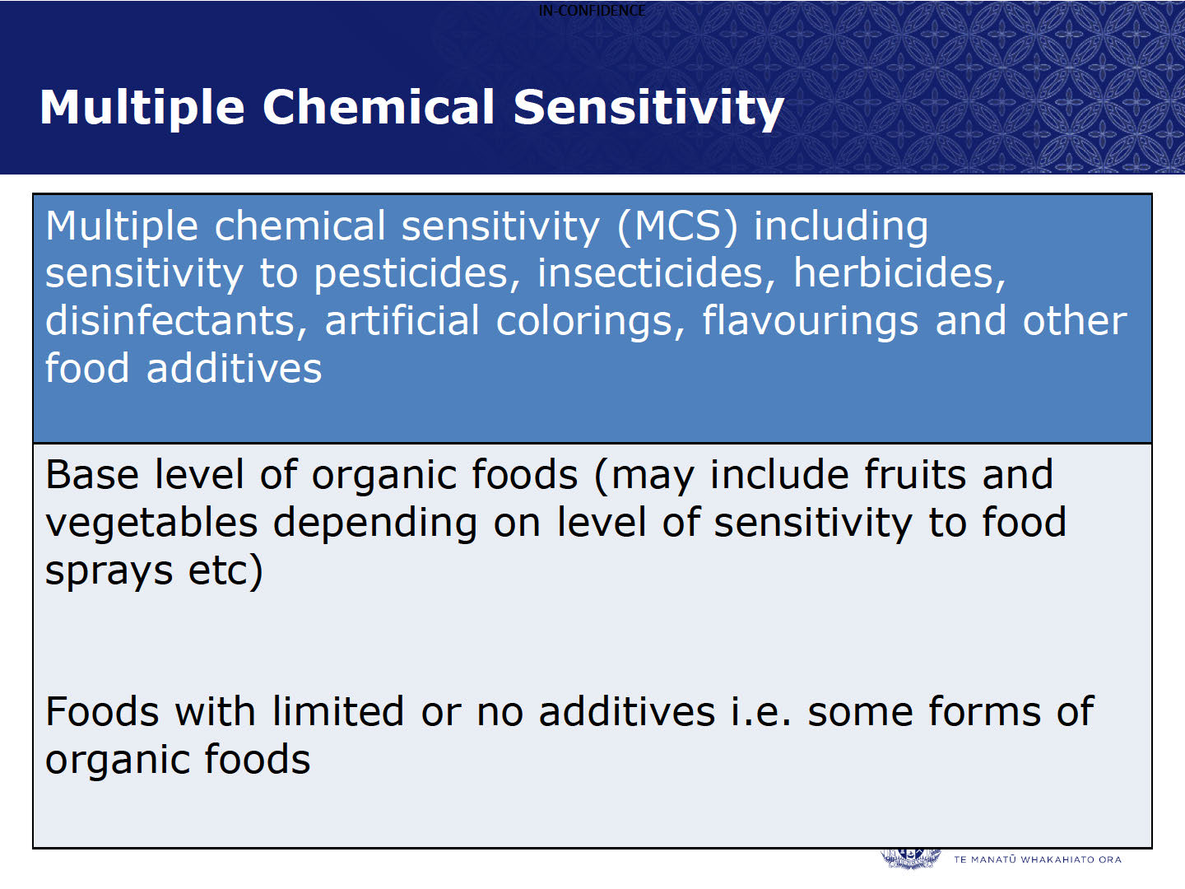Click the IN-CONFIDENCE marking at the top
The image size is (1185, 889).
[x=592, y=11]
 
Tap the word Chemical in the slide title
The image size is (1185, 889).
[x=379, y=107]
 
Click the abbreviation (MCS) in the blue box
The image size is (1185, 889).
[x=677, y=226]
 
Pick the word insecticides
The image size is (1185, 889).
[x=656, y=273]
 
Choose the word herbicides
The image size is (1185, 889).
[x=899, y=273]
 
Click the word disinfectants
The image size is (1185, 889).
[x=175, y=321]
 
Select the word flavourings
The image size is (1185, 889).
[x=810, y=322]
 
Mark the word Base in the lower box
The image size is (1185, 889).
[x=92, y=475]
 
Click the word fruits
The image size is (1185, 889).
[x=915, y=474]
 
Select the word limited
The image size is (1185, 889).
[x=338, y=711]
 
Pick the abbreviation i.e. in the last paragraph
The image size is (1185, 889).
[x=760, y=711]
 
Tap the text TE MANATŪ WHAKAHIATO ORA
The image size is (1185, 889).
[x=1037, y=859]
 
